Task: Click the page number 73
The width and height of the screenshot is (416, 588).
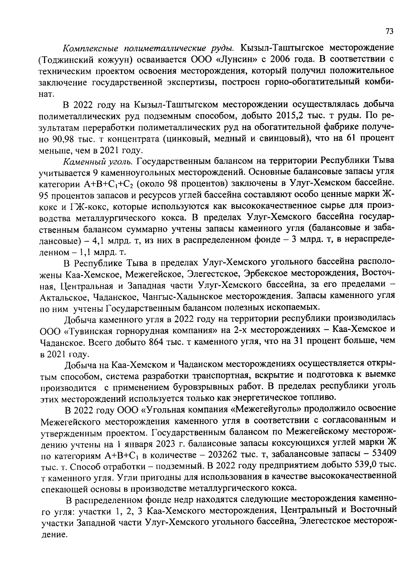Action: click(x=389, y=32)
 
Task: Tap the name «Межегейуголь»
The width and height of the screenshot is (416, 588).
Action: click(x=265, y=410)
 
